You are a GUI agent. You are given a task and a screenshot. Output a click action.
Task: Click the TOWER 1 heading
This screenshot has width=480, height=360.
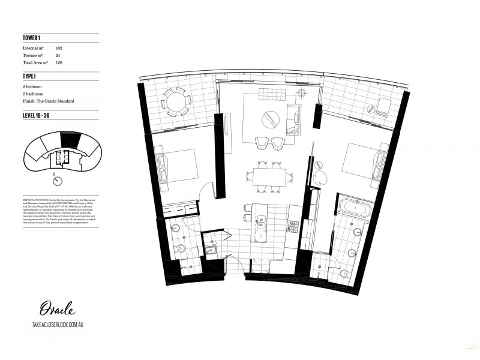click(x=32, y=37)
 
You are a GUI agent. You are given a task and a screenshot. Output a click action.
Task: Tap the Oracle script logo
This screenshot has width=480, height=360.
click(x=57, y=309)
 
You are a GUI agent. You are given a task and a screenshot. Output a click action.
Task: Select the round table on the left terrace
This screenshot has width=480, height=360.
click(x=176, y=102)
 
